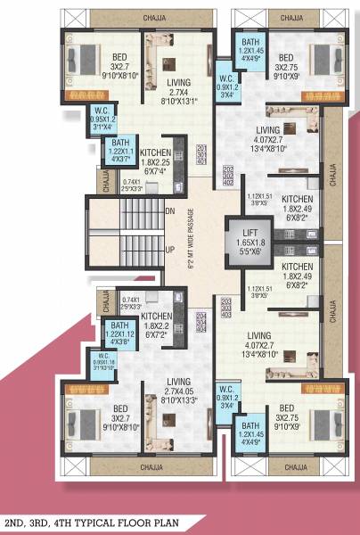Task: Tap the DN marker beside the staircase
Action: (x=169, y=211)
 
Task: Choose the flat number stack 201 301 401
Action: (x=201, y=153)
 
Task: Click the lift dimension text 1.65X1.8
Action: (x=245, y=241)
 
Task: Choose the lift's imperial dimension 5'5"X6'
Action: (x=245, y=251)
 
